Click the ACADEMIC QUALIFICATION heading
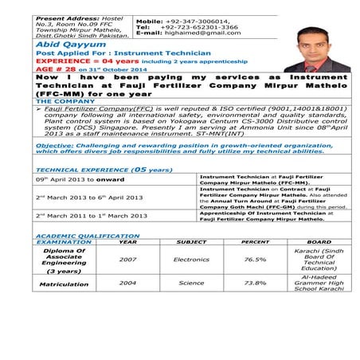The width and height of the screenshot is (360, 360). [88, 236]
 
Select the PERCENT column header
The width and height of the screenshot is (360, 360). [255, 242]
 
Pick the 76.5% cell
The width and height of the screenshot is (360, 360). [255, 260]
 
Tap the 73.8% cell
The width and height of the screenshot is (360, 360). [255, 283]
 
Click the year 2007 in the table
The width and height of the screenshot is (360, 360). [128, 260]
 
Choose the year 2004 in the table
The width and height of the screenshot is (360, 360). [128, 283]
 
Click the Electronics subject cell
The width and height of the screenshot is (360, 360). [191, 260]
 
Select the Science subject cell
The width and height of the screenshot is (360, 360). [191, 283]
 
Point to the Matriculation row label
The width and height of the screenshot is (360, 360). [65, 283]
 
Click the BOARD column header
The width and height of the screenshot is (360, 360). [319, 242]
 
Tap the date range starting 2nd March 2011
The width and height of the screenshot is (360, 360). [91, 216]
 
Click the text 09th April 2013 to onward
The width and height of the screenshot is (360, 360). [80, 180]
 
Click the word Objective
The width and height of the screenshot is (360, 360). [56, 146]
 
